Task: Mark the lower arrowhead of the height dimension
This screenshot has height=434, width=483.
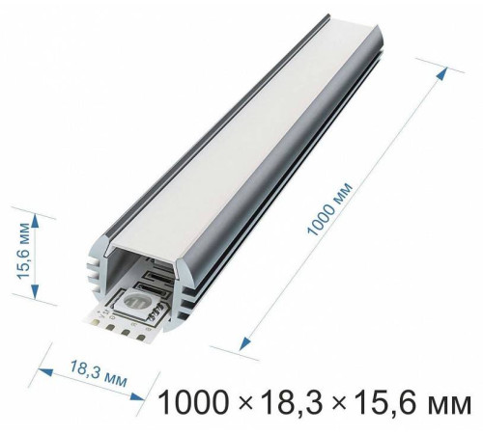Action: coord(35,291)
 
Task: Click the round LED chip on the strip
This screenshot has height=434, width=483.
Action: coord(133,308)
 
